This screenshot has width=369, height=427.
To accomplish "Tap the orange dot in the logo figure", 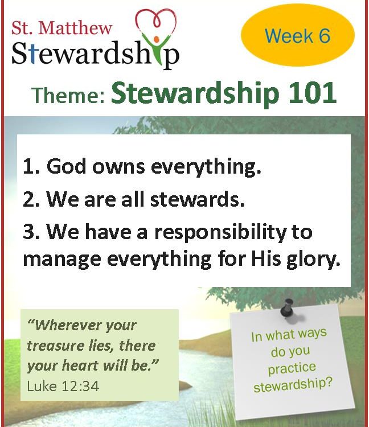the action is click(x=157, y=40).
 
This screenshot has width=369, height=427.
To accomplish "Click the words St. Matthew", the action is click(x=62, y=28).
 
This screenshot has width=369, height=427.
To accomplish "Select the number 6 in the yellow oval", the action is click(x=325, y=36).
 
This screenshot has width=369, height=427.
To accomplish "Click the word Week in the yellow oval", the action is click(x=289, y=36).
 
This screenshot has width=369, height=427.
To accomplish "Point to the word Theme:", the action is click(x=68, y=95).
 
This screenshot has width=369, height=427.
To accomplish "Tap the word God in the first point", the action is click(x=67, y=166).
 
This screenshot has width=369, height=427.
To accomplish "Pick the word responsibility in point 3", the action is click(x=220, y=233).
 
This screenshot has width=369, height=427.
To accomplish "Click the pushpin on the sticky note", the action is click(x=288, y=307).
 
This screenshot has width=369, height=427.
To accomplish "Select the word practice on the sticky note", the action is click(x=292, y=368).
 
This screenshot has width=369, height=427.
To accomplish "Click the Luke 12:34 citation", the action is click(x=63, y=386).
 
